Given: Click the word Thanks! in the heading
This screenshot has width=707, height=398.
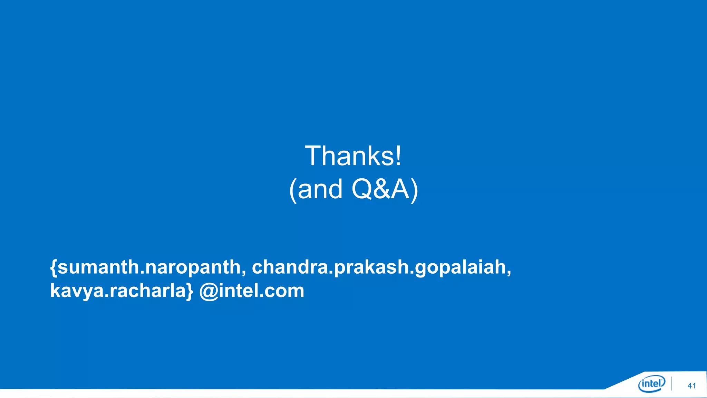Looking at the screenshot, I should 353,156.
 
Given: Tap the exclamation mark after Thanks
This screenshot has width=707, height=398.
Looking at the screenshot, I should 398,156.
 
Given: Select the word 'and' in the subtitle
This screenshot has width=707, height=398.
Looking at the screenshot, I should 320,189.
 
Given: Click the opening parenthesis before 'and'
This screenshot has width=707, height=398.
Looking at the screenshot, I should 293,190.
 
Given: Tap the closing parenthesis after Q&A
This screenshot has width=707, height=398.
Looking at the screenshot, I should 414,190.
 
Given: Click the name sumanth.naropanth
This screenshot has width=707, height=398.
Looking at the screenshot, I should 149,267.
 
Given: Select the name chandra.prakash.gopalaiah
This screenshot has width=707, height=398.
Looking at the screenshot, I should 379,267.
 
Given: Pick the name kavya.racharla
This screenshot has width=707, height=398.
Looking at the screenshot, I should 118,291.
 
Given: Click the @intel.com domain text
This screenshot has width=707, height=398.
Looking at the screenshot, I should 252,291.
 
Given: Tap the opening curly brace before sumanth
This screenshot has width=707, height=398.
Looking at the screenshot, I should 54,268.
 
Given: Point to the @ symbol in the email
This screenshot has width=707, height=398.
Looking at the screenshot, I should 209,291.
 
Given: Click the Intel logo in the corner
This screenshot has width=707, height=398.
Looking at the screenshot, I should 651,384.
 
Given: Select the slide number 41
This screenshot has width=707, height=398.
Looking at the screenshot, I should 691,386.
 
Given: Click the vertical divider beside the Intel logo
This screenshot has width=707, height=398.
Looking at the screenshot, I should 672,384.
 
